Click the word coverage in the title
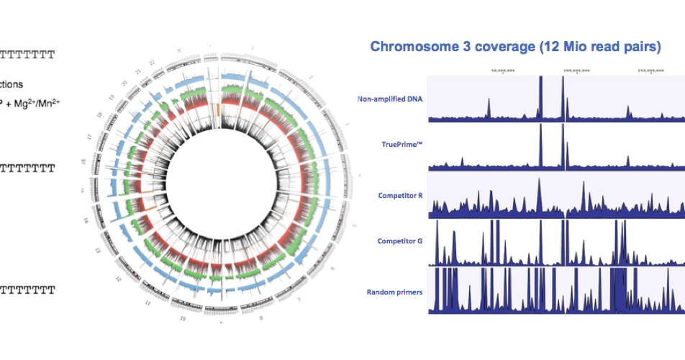click(x=504, y=48)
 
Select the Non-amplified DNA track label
click(x=390, y=99)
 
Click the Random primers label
click(x=394, y=292)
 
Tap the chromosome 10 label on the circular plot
click(x=183, y=318)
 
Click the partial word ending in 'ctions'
click(x=12, y=84)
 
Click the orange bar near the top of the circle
click(x=217, y=109)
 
